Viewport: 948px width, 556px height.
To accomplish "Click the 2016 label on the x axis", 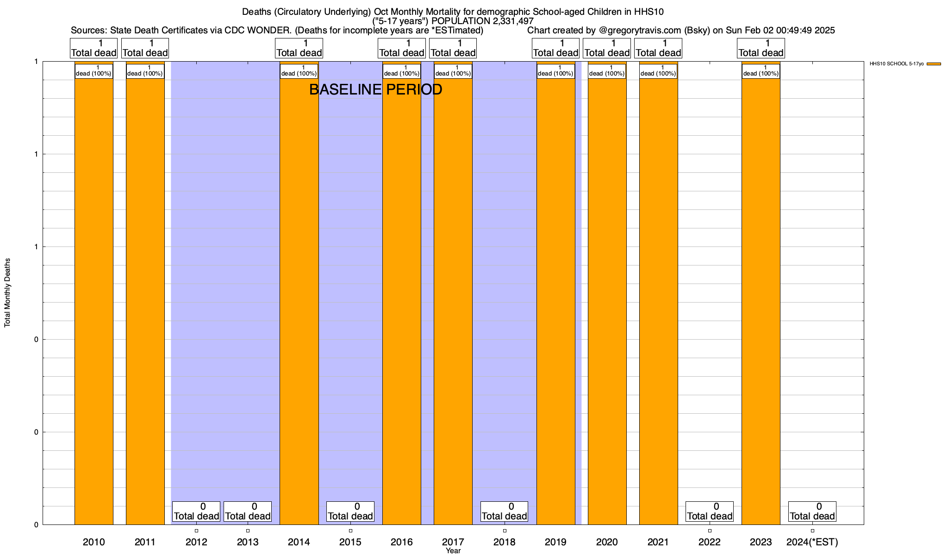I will pos(401,542).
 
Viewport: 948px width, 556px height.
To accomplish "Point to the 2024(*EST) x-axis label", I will pos(812,542).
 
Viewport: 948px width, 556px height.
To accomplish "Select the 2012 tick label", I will pos(196,542).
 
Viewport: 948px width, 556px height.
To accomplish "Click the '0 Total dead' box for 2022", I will pos(709,512).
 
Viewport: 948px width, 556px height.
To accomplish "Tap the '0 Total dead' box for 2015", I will pos(350,512).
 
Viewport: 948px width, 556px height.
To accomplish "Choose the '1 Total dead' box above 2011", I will pos(145,48).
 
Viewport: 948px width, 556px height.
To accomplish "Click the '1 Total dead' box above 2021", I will pos(658,48).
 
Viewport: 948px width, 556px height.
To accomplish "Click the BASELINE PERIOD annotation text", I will pos(375,89).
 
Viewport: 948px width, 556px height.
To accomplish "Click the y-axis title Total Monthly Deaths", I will pos(7,293).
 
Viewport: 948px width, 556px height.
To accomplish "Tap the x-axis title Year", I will pos(453,551).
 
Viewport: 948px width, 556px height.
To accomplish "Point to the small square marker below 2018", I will pos(505,531).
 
